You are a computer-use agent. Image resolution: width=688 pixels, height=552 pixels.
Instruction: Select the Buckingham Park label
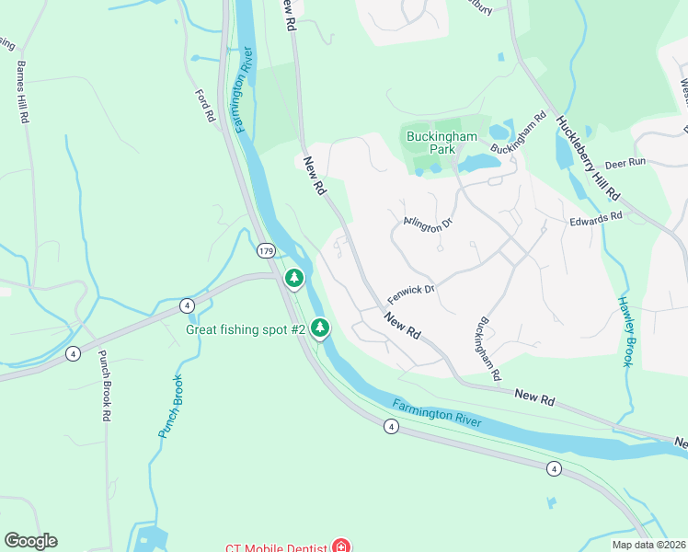(x=442, y=143)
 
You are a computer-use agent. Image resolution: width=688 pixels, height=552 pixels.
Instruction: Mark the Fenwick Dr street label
(x=410, y=293)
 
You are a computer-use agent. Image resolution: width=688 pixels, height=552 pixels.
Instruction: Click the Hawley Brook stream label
(x=625, y=331)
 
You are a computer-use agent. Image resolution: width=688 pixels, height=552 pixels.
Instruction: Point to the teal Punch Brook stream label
(x=171, y=406)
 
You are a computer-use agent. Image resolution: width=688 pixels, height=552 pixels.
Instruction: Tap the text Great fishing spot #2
(x=246, y=329)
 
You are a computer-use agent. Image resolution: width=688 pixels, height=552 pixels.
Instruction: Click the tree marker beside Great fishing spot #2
(x=320, y=327)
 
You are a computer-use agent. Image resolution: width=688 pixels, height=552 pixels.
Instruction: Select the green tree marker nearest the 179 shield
(x=294, y=277)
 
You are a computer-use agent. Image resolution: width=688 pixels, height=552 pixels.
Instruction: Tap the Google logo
(x=30, y=541)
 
